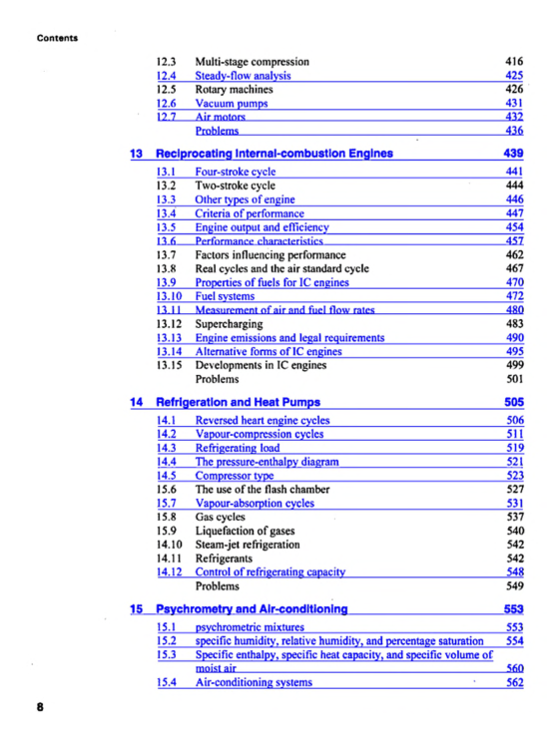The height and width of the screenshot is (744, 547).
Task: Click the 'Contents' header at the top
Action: (57, 38)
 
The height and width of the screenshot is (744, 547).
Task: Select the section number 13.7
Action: (168, 255)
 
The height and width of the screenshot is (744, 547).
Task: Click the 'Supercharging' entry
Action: (229, 324)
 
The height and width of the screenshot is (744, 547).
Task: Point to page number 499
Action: (514, 365)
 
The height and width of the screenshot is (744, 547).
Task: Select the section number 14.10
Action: (171, 545)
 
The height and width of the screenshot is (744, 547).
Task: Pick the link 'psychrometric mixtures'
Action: (249, 626)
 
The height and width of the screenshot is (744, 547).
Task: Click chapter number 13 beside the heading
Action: (138, 154)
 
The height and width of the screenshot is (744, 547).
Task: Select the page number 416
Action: (514, 61)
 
